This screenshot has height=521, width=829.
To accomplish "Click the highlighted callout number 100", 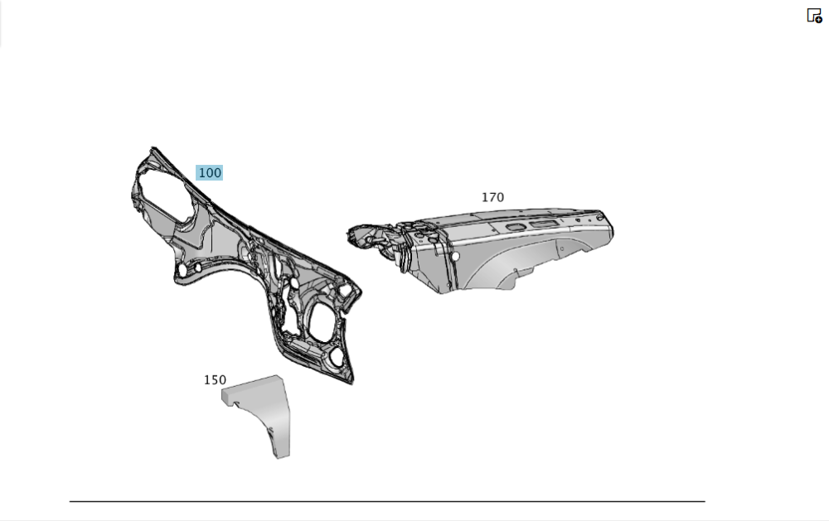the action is tap(210, 173).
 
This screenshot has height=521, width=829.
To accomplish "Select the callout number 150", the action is tap(216, 380).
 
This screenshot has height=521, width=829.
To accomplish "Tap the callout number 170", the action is tap(492, 198).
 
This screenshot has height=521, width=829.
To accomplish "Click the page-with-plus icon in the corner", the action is tap(814, 15).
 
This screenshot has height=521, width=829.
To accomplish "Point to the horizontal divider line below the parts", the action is tap(387, 501).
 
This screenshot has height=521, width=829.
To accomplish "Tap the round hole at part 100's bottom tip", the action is tap(337, 358).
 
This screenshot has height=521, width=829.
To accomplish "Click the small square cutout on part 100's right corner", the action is tap(345, 291).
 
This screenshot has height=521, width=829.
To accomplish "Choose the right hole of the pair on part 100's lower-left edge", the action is tap(197, 268).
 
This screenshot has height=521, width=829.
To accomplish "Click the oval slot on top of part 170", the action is tap(513, 227).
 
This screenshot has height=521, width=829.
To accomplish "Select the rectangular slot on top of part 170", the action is tap(542, 224).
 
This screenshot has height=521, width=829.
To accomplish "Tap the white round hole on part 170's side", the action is tap(455, 256).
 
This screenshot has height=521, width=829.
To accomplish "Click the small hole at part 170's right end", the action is tap(599, 218).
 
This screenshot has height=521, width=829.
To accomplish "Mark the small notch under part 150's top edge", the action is tap(236, 405).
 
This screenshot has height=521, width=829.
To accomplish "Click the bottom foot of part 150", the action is tap(282, 452).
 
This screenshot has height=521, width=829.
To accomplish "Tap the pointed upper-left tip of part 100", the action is tap(153, 149).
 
